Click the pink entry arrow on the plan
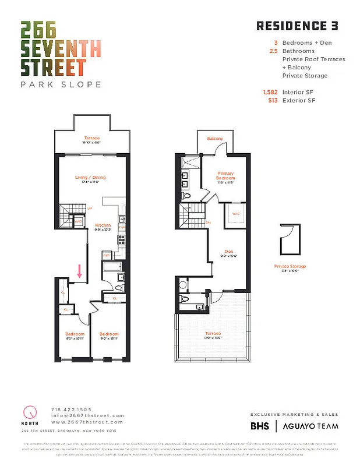tap(79, 271)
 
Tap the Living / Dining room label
tap(90, 177)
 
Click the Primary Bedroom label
tap(225, 175)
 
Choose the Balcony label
tap(215, 138)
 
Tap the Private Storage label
tap(290, 266)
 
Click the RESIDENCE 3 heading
tap(297, 26)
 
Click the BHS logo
tap(260, 426)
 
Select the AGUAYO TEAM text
tap(310, 426)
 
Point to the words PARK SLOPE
tap(61, 84)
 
